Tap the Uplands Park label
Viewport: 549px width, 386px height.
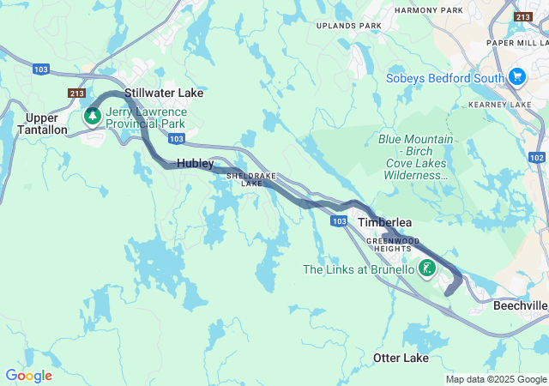click(x=348, y=26)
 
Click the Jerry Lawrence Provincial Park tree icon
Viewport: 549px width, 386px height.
click(x=91, y=115)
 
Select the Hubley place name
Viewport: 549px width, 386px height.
click(x=195, y=163)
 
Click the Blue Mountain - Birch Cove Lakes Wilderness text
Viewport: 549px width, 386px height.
click(x=415, y=156)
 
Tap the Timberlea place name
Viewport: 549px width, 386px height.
click(x=384, y=222)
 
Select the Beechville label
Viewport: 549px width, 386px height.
click(x=520, y=305)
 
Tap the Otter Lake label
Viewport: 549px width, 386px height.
click(x=401, y=357)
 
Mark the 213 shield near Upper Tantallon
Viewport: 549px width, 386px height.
click(x=76, y=93)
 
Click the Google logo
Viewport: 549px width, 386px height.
click(x=28, y=376)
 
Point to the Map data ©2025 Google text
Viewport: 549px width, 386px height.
click(x=496, y=379)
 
